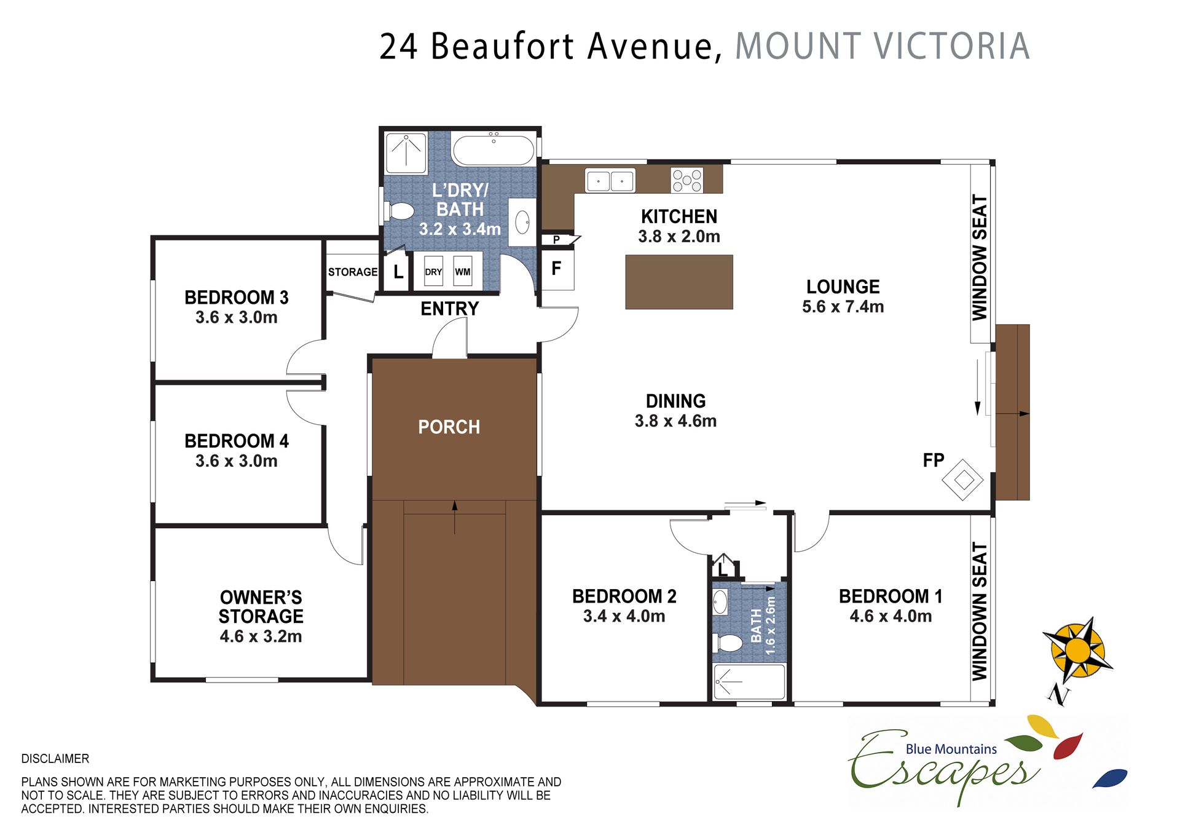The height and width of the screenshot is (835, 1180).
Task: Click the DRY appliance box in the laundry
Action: pyautogui.click(x=433, y=271)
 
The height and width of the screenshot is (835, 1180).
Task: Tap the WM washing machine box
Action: pyautogui.click(x=463, y=271)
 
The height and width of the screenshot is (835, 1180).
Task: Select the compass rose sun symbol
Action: pyautogui.click(x=1077, y=650)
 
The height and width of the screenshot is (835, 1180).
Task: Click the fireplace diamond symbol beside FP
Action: pyautogui.click(x=963, y=480)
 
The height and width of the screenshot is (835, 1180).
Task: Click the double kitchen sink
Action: pyautogui.click(x=610, y=181)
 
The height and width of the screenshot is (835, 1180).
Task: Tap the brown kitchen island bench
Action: pyautogui.click(x=679, y=282)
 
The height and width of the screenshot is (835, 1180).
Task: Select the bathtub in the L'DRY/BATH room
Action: pyautogui.click(x=494, y=150)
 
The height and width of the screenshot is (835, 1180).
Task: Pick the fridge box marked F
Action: pyautogui.click(x=557, y=269)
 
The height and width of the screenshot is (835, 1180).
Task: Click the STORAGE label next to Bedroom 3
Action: pyautogui.click(x=353, y=272)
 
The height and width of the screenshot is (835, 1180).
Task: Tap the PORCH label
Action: pyautogui.click(x=449, y=427)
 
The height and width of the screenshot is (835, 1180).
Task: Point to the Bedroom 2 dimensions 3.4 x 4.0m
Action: pyautogui.click(x=624, y=616)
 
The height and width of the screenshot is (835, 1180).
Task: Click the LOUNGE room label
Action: pyautogui.click(x=843, y=287)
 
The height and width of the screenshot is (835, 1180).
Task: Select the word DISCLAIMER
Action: pyautogui.click(x=55, y=759)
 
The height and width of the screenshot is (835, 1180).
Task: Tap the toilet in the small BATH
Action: pyautogui.click(x=729, y=643)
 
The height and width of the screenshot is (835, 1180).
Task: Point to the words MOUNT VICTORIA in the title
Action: pyautogui.click(x=883, y=46)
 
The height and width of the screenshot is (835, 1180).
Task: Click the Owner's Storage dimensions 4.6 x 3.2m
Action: pyautogui.click(x=261, y=636)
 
